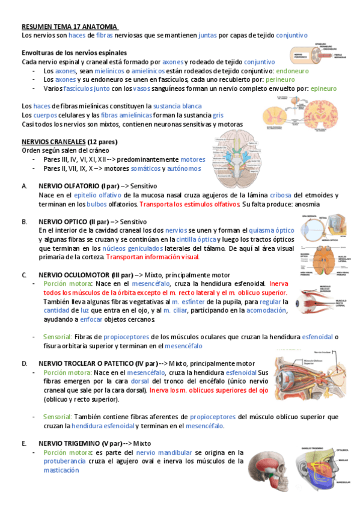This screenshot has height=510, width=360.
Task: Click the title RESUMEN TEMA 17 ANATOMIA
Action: coord(70,27)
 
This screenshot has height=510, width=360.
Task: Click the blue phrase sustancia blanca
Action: coord(177,106)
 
